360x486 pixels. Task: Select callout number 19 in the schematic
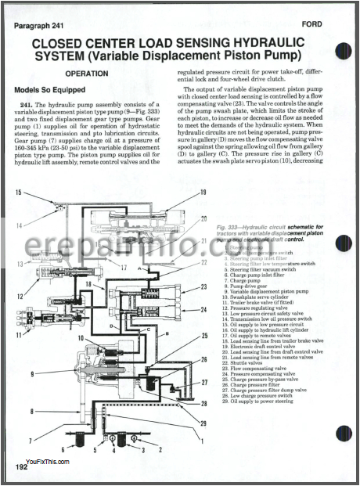click(x=202, y=192)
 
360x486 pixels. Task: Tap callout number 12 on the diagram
click(x=19, y=297)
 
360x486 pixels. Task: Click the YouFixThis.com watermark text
click(x=47, y=463)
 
